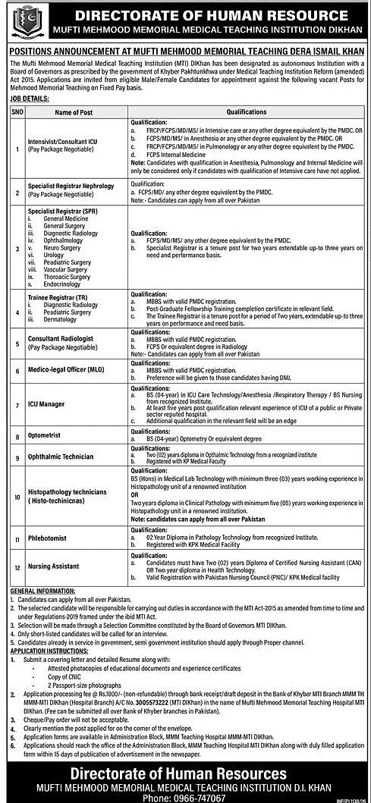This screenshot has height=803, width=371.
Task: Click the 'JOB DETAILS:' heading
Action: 27,99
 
